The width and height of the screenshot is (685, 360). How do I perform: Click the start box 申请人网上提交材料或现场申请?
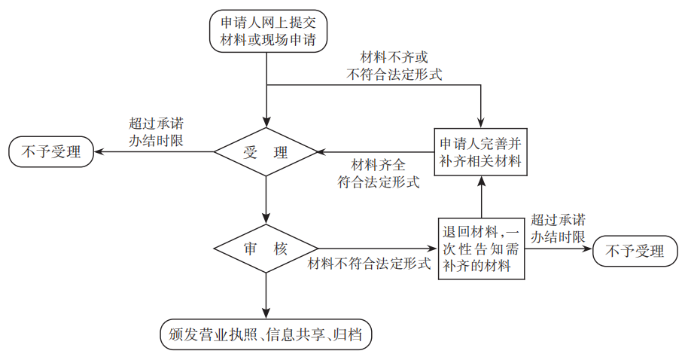268,30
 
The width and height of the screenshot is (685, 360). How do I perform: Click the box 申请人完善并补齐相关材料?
479,152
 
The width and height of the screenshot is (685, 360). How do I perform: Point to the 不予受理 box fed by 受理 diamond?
50,152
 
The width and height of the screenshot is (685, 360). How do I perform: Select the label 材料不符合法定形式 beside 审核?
369,264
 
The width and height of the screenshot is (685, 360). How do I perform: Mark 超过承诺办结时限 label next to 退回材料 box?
558,228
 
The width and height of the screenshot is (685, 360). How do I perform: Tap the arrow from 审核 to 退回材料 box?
376,249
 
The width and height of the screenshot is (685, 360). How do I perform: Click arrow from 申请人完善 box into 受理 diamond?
376,152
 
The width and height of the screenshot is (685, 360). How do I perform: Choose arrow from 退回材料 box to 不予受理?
557,249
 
